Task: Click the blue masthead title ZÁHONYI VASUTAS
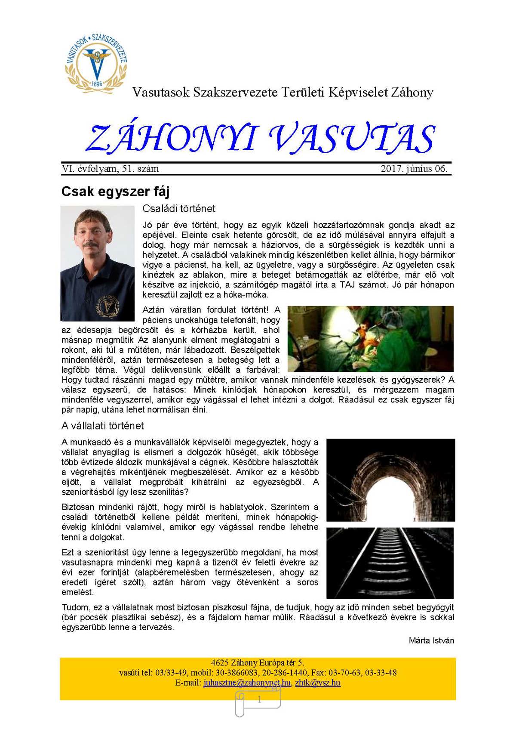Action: (260, 139)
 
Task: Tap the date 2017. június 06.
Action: (414, 169)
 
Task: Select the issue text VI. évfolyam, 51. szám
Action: (110, 169)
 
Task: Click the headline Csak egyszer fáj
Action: (115, 192)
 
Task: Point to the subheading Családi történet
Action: (179, 209)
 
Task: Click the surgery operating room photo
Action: (370, 339)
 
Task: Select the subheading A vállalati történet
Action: (103, 426)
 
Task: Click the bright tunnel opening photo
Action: (390, 479)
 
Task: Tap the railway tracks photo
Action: (390, 563)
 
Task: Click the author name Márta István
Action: (431, 640)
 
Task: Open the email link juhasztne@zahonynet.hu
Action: (247, 683)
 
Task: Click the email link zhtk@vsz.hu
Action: (318, 683)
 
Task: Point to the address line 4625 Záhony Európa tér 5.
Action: (258, 663)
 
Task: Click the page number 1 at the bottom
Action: (259, 699)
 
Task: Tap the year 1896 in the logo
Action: (97, 84)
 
